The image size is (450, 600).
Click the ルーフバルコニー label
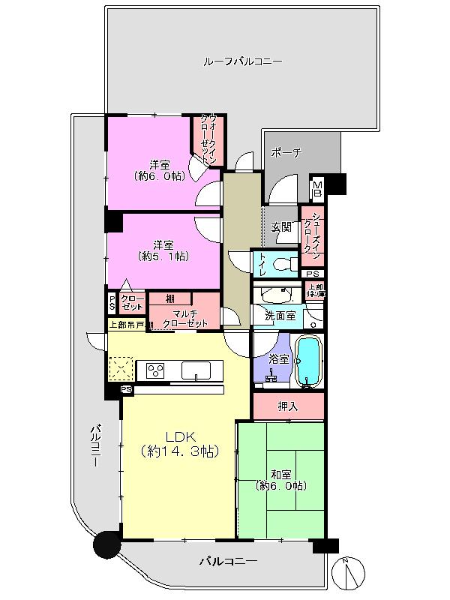[242, 61]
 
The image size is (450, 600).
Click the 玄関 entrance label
[280, 227]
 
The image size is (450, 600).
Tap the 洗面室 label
[278, 316]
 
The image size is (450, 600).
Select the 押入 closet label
[288, 407]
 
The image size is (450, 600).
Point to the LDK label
[180, 437]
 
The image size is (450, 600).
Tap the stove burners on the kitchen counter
[156, 370]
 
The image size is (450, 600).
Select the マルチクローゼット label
[185, 318]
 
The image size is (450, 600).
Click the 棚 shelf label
[171, 299]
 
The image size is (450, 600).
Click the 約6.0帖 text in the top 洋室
[159, 176]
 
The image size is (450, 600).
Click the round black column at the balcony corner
[106, 544]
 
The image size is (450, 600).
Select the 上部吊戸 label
[125, 325]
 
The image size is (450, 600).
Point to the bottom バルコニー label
[228, 561]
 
